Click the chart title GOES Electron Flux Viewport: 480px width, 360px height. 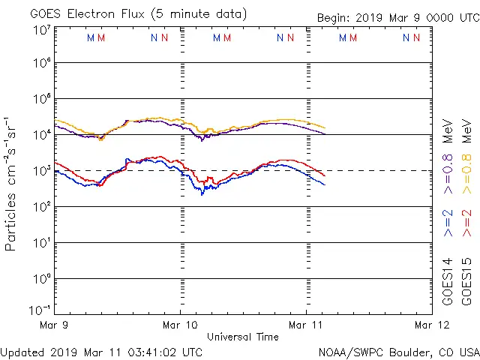pos(127,13)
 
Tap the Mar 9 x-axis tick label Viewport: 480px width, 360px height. pos(55,325)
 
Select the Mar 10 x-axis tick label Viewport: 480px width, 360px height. pos(181,325)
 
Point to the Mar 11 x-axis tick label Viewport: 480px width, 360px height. pos(306,325)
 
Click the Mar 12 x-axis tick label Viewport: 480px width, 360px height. pos(431,325)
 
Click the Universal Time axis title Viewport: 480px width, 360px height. pos(243,337)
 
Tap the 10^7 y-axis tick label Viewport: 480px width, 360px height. pos(41,29)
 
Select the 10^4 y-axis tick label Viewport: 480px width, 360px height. pos(41,135)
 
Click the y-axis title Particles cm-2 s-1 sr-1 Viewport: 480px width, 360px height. pos(13,184)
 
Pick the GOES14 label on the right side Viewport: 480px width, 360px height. pos(448,281)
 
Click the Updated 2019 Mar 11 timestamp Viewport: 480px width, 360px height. pos(101,351)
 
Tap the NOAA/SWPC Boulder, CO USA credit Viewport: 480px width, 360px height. pos(398,351)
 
